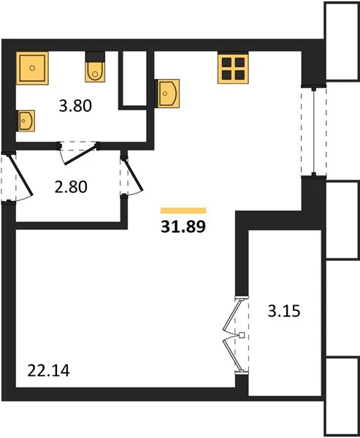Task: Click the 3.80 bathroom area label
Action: click(x=75, y=106)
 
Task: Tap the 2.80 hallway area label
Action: click(x=71, y=187)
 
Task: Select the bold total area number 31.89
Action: click(x=183, y=227)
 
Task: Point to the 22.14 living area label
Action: click(x=49, y=371)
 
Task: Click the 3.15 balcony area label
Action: click(x=284, y=311)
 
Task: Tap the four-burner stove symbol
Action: click(x=233, y=69)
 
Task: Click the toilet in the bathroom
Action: click(x=95, y=72)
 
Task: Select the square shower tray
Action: click(x=32, y=68)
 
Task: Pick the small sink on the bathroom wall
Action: click(x=26, y=120)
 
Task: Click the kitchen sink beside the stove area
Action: click(x=167, y=93)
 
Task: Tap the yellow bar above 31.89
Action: click(x=183, y=211)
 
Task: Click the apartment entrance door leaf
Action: click(x=21, y=174)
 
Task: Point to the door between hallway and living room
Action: click(x=133, y=175)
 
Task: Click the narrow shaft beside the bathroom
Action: click(x=134, y=79)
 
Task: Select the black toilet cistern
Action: click(x=95, y=57)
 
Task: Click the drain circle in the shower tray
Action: click(x=32, y=68)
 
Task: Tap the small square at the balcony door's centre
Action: click(x=242, y=335)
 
